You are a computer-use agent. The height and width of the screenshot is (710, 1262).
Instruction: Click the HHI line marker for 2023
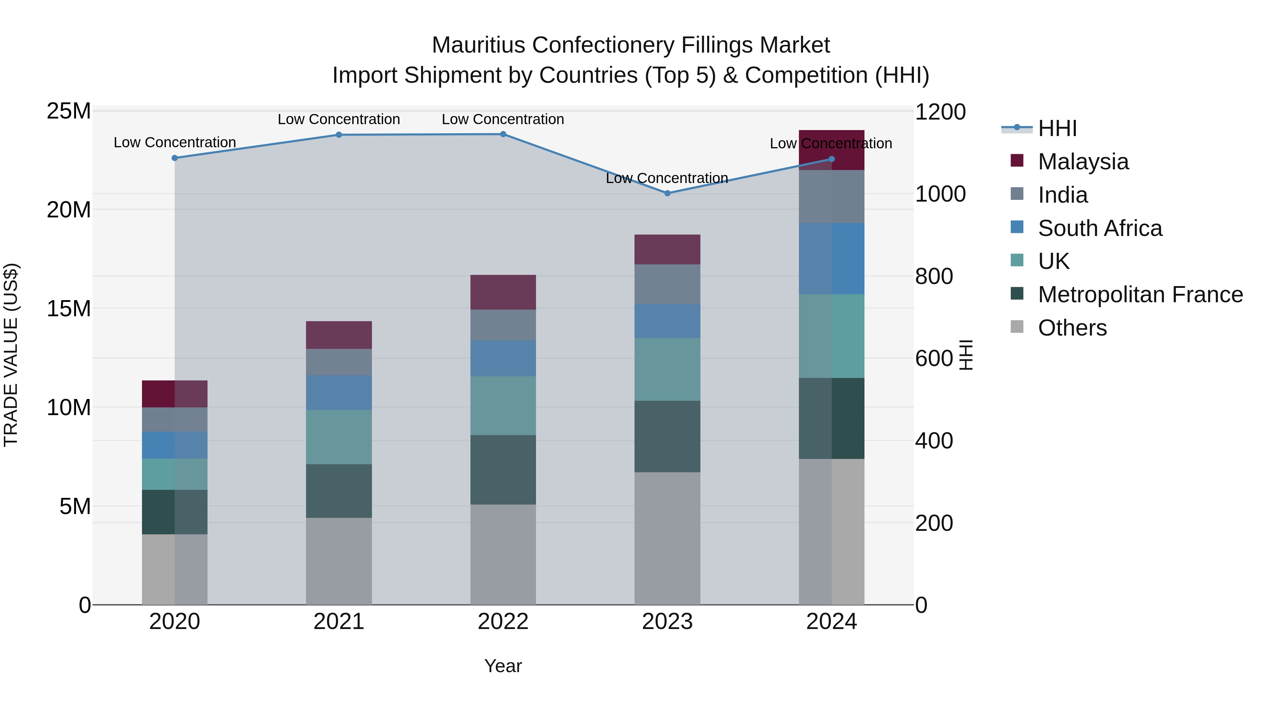tap(667, 193)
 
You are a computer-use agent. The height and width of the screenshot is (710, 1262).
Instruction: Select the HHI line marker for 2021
tap(339, 135)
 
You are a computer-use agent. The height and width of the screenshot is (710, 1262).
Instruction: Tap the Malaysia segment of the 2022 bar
tap(503, 292)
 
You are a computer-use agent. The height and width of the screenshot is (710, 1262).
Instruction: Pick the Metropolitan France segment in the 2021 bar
tap(339, 491)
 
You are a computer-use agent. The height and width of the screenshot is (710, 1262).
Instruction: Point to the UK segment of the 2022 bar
tap(503, 405)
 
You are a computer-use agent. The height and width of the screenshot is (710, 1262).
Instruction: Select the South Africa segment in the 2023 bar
tap(667, 320)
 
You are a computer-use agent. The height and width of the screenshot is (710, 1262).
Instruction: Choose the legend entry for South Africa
tap(1099, 228)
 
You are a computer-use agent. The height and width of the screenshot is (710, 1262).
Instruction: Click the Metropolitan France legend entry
tap(1140, 295)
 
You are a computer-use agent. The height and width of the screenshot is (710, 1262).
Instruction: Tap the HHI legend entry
tap(1057, 128)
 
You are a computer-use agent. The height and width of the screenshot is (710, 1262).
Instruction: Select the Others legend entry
tap(1072, 328)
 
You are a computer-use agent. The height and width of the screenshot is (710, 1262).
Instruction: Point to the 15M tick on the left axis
tap(69, 309)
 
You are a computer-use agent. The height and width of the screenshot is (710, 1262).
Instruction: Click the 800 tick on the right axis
tap(934, 276)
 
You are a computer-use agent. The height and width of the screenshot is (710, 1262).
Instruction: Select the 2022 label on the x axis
tap(503, 622)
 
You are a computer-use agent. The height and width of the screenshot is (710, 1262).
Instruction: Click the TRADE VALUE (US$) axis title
tap(11, 355)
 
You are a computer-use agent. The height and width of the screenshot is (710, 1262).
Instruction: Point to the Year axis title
tap(503, 666)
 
